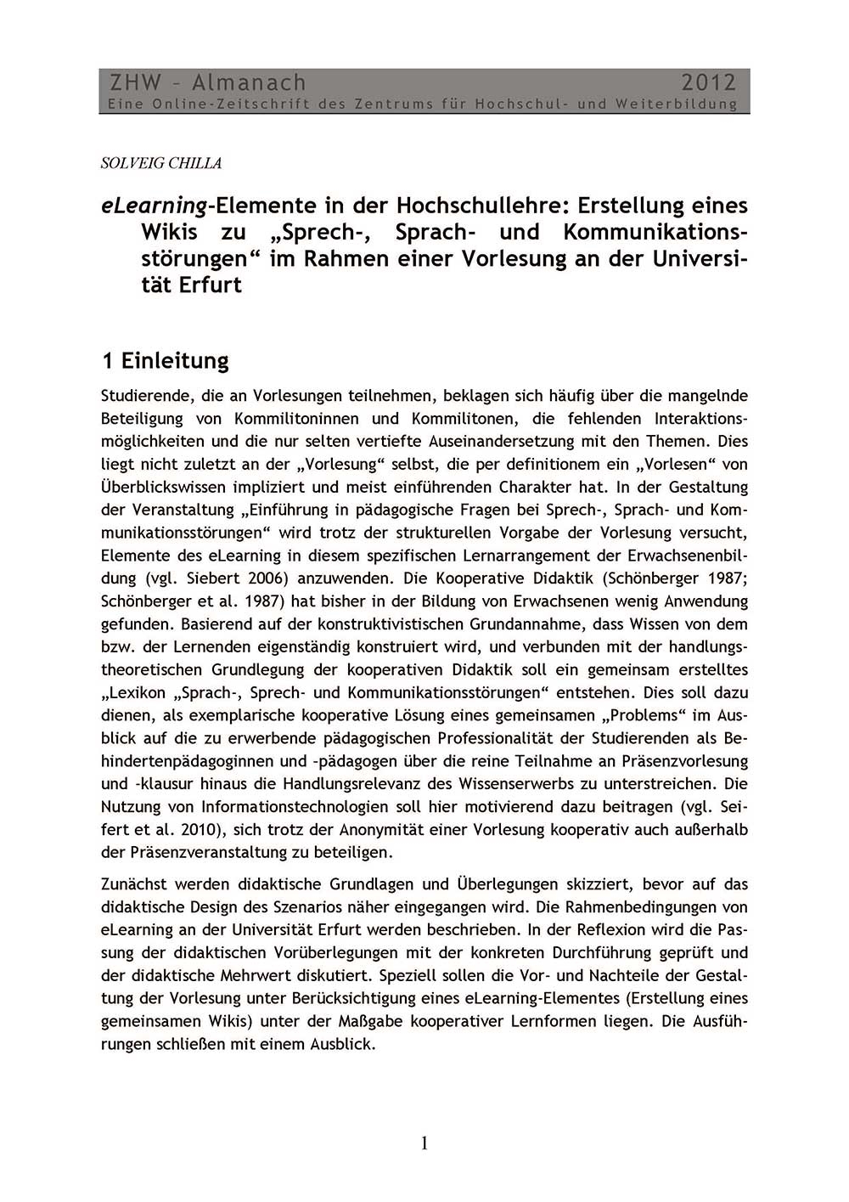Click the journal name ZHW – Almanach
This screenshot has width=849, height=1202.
pos(207,82)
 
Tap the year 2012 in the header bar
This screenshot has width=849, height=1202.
pos(709,82)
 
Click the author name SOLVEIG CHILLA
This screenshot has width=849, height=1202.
pos(161,163)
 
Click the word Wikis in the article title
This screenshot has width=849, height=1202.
pos(169,232)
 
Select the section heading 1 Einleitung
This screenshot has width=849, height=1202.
pos(165,361)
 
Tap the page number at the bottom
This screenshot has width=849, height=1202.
pos(424,1143)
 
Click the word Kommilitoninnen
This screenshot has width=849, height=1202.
pos(296,419)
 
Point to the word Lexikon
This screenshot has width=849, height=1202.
pos(137,693)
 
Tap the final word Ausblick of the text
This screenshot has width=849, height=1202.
pos(340,1044)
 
